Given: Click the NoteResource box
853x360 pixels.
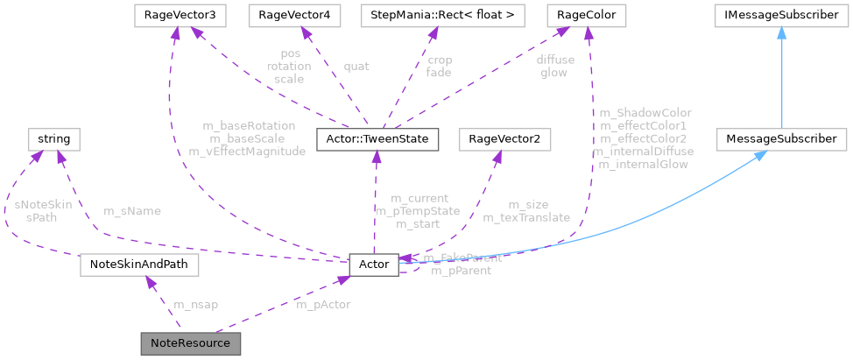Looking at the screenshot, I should tap(190, 342).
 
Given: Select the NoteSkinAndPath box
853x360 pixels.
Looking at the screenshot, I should tap(139, 263).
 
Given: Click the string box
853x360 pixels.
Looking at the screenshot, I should tap(54, 138).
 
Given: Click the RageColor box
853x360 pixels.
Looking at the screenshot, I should tap(584, 15).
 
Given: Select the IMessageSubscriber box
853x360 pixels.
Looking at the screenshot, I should tap(780, 15).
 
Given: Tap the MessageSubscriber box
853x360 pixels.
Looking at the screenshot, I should tap(780, 138).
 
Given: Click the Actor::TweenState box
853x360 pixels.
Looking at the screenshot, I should tap(375, 138).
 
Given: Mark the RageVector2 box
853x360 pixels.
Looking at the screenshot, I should tap(498, 138).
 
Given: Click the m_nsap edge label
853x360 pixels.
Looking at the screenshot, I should tap(196, 305).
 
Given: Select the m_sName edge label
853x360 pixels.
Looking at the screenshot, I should tap(132, 211).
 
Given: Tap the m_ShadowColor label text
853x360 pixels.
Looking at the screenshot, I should tap(645, 113).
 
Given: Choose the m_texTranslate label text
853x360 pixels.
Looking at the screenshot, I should tap(526, 217).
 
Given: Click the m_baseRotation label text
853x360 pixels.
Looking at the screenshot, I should tap(248, 126).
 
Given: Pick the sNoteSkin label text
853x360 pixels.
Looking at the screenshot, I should tap(43, 205).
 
